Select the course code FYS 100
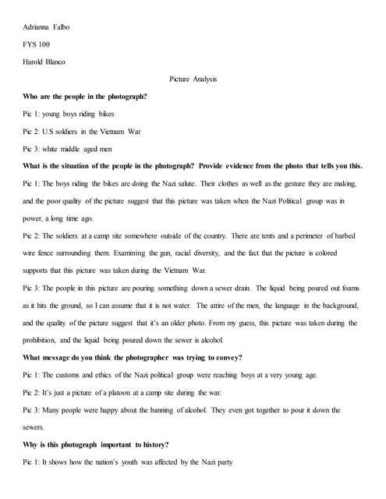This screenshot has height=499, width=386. point(36,44)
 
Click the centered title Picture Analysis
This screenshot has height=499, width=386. point(193,79)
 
